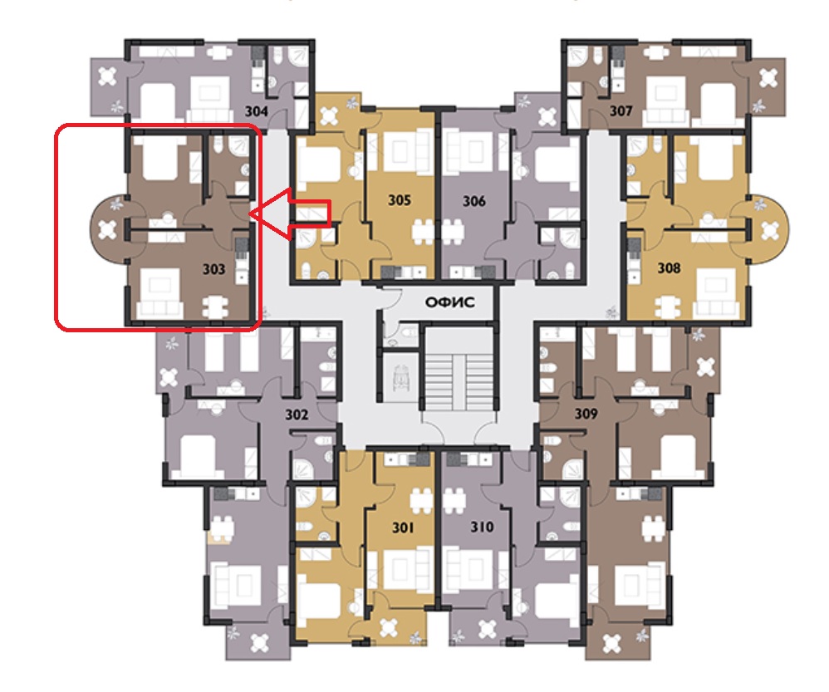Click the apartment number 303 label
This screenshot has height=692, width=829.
(x=214, y=269)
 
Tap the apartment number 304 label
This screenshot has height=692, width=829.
(x=257, y=111)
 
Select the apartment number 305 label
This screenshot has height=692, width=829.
(x=400, y=200)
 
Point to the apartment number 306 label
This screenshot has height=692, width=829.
(x=473, y=201)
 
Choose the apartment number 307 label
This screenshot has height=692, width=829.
(x=621, y=110)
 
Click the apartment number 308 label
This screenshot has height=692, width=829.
(x=669, y=268)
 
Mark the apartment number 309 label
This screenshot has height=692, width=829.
(x=586, y=413)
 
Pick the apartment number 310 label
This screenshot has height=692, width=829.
(x=482, y=527)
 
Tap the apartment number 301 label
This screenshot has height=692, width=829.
(x=403, y=527)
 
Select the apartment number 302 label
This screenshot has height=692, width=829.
(x=297, y=415)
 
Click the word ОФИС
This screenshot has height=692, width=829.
(x=450, y=302)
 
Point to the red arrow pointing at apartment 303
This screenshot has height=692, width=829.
(x=290, y=213)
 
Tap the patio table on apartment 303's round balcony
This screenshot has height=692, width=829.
(x=107, y=229)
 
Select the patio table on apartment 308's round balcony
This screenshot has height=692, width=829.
(x=770, y=230)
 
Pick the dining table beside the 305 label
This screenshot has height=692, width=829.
(x=423, y=232)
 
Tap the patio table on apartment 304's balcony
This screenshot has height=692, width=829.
(x=107, y=76)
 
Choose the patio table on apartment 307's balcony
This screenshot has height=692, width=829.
(x=768, y=78)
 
